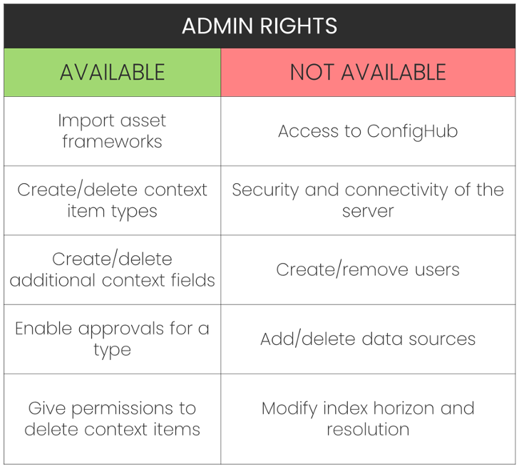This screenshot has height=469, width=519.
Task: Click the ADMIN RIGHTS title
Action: (x=259, y=26)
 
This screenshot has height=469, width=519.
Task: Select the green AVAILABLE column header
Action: (x=113, y=72)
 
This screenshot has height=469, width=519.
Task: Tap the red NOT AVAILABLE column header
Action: (x=368, y=72)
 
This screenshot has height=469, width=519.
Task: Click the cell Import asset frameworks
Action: (x=113, y=131)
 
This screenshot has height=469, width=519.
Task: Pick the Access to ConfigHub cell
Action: (x=368, y=131)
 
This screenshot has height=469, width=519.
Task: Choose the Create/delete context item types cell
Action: (x=113, y=200)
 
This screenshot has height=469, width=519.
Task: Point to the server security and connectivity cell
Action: (x=368, y=200)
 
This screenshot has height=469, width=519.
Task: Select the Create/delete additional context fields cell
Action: (x=113, y=269)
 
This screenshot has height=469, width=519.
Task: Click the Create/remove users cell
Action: (x=368, y=269)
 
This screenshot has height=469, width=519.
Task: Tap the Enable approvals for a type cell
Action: (x=113, y=339)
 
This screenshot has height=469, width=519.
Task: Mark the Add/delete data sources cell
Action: (x=368, y=339)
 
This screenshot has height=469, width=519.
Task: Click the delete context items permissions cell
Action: (x=113, y=419)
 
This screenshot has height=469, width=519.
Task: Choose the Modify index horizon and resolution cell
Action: (x=368, y=419)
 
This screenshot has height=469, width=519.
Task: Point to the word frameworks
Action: (x=113, y=142)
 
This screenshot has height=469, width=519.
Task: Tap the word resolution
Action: (x=368, y=430)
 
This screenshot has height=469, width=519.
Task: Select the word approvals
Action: (x=123, y=329)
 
